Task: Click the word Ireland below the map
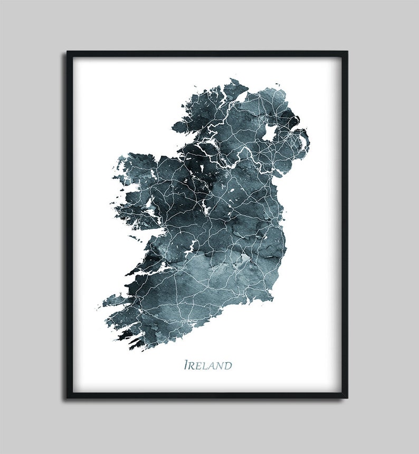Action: (x=207, y=365)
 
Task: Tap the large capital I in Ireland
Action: (x=186, y=365)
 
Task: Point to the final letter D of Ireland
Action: (x=227, y=365)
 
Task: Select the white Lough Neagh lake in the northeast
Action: (x=270, y=132)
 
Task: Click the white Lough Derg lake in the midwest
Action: (x=190, y=246)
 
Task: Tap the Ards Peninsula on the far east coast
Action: (x=304, y=142)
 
